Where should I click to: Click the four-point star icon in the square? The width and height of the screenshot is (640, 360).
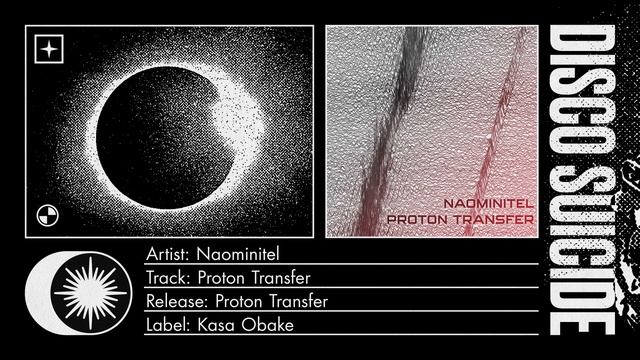click(x=47, y=48)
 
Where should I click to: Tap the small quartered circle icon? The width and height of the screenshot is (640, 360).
click(x=47, y=211)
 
